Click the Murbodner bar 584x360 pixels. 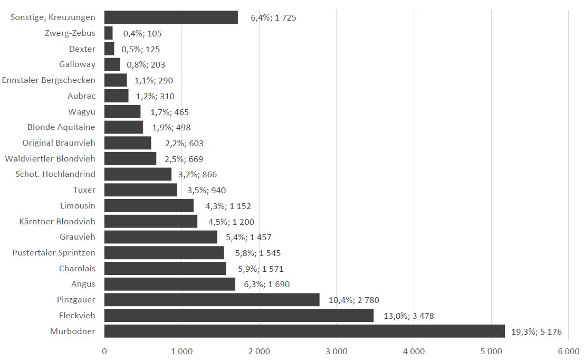pyautogui.click(x=304, y=331)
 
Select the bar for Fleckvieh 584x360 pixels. pyautogui.click(x=238, y=316)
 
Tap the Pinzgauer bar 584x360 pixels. pyautogui.click(x=212, y=300)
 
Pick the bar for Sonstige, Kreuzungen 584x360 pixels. pyautogui.click(x=171, y=17)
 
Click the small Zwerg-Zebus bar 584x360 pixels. pyautogui.click(x=109, y=33)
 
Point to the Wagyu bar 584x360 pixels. pyautogui.click(x=122, y=112)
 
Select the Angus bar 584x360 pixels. pyautogui.click(x=169, y=284)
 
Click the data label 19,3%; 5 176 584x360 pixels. pyautogui.click(x=537, y=332)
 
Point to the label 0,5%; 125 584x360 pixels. pyautogui.click(x=140, y=49)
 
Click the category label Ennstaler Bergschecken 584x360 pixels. pyautogui.click(x=49, y=80)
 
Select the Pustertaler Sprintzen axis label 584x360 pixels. pyautogui.click(x=54, y=253)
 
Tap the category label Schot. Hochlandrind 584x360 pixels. pyautogui.click(x=55, y=174)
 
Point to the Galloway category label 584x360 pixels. pyautogui.click(x=77, y=64)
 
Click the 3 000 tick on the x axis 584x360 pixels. pyautogui.click(x=336, y=350)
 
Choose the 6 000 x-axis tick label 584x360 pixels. pyautogui.click(x=568, y=350)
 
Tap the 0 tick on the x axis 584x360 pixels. pyautogui.click(x=104, y=350)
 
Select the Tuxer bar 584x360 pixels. pyautogui.click(x=141, y=190)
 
